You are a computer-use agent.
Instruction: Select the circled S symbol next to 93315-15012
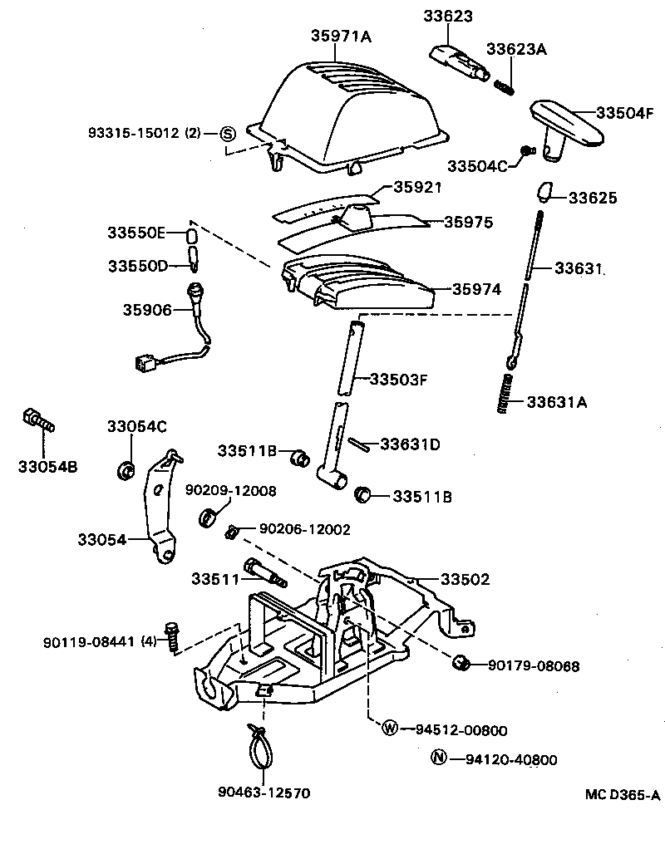point(229,133)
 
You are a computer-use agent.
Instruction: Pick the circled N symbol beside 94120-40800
point(439,758)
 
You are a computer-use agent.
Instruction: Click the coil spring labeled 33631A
point(505,392)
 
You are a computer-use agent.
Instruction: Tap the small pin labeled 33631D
point(358,444)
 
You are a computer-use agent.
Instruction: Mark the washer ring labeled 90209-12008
point(207,520)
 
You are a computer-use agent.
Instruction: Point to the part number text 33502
point(465,578)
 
